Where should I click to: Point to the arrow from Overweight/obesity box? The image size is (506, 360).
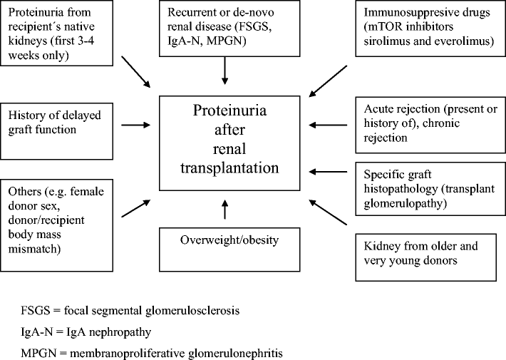(x=224, y=211)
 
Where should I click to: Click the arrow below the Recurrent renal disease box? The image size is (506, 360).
(x=224, y=68)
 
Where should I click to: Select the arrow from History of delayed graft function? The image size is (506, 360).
(x=136, y=125)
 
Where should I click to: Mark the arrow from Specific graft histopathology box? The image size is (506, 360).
(x=331, y=171)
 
